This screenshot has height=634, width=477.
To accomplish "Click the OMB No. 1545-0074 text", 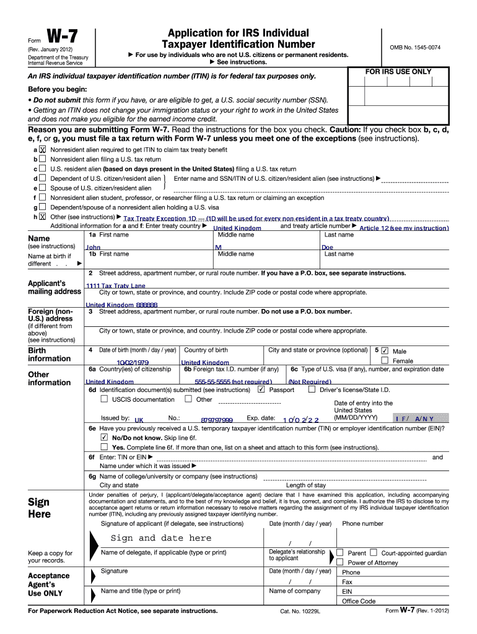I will click(415, 48).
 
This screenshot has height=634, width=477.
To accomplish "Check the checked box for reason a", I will click(42, 149).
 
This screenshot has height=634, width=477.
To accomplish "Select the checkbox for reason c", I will click(42, 168).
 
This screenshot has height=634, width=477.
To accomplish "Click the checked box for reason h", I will click(42, 216).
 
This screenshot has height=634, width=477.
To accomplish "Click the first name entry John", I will click(93, 247).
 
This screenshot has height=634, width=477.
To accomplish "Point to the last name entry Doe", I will click(327, 247).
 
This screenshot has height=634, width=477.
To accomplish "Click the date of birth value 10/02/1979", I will click(133, 362).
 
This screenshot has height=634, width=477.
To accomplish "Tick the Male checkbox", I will click(385, 350).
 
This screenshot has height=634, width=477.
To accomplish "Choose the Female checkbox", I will click(385, 360).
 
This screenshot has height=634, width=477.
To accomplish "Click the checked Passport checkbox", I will click(261, 389).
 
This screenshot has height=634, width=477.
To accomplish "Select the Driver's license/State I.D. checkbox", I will click(312, 389).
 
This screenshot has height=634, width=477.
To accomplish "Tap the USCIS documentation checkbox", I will click(104, 399).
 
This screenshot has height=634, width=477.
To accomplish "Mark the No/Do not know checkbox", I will click(104, 436).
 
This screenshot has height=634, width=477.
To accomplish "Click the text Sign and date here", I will click(160, 537).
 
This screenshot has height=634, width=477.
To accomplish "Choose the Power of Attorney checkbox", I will click(339, 562).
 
